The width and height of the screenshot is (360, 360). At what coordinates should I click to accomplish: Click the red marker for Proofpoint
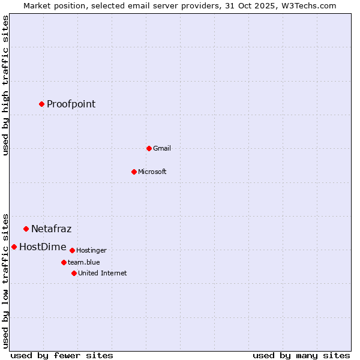[41, 104]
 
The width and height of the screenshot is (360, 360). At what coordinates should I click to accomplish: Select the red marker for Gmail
[149, 148]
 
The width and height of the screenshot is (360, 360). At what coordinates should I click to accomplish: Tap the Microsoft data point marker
[134, 172]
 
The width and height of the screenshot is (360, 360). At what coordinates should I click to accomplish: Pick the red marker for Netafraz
[26, 229]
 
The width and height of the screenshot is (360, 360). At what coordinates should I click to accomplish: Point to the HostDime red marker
[14, 247]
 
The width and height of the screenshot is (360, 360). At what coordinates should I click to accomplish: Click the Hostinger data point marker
[72, 250]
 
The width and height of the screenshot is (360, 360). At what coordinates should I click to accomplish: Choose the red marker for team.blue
[64, 262]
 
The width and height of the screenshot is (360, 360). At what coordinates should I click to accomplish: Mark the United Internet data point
[74, 273]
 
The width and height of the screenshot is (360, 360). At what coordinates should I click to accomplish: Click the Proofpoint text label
[71, 104]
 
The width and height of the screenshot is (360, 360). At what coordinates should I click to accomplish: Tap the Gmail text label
[162, 148]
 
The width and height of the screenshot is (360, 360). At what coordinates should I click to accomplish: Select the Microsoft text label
[152, 172]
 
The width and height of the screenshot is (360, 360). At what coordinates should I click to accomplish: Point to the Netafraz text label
[51, 229]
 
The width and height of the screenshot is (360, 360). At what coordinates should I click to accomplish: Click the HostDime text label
[43, 247]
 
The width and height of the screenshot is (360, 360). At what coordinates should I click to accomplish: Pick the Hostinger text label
[91, 250]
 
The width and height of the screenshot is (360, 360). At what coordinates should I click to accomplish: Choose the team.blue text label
[84, 262]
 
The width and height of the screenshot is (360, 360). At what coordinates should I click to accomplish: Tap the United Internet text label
[102, 273]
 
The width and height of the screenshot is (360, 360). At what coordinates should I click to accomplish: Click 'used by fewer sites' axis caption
[62, 355]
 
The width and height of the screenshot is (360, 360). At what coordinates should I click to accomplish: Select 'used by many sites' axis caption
[301, 355]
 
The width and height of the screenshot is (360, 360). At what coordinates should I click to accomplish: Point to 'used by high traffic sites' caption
[5, 85]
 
